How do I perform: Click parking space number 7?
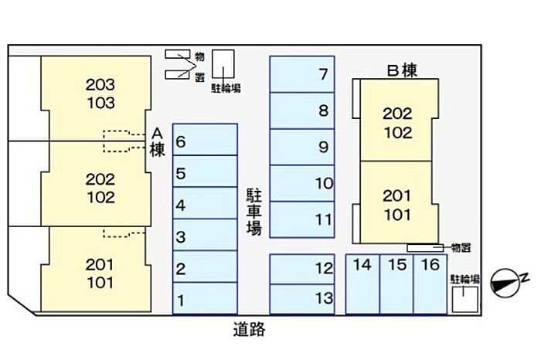[x=302, y=74]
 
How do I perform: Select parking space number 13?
[x=302, y=299]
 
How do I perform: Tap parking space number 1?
[x=205, y=298]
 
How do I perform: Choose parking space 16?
[x=430, y=284]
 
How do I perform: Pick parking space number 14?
[x=362, y=284]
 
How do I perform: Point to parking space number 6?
[x=205, y=140]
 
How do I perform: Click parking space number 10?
[x=302, y=183]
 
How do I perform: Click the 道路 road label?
[x=249, y=329]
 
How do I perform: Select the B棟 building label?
[x=402, y=71]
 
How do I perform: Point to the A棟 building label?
[x=158, y=142]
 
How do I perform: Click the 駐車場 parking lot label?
[x=254, y=212]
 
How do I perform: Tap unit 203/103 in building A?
[x=97, y=98]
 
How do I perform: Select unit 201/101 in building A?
[x=97, y=269]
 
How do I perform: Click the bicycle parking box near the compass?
[x=465, y=299]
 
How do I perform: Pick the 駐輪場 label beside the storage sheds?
[x=226, y=89]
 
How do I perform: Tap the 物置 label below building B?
[x=461, y=247]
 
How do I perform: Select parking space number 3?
[x=205, y=235]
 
